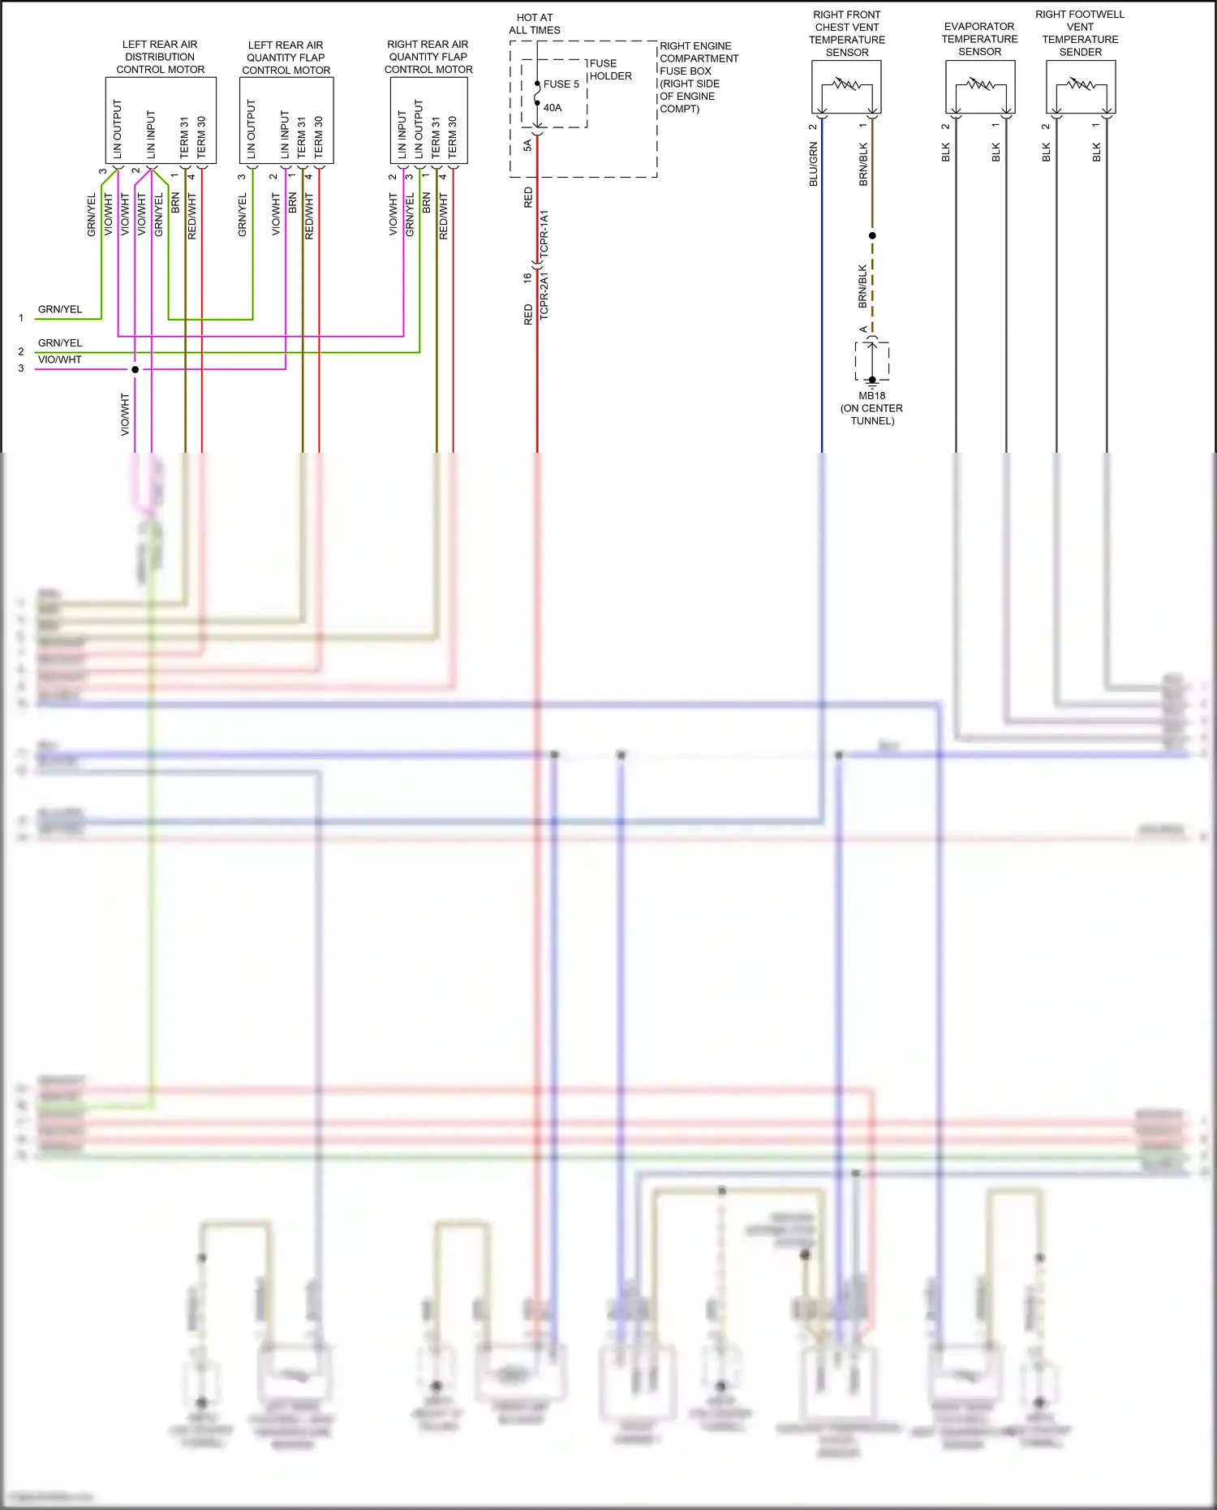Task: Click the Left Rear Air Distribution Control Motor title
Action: (x=160, y=57)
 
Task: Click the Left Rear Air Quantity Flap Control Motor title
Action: (x=286, y=58)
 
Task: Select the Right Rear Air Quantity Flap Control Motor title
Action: (x=428, y=57)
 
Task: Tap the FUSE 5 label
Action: (x=561, y=84)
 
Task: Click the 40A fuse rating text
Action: (x=553, y=108)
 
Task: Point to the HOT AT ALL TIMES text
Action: (x=535, y=24)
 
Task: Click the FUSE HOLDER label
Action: (x=610, y=70)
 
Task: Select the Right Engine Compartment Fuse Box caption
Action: (x=698, y=77)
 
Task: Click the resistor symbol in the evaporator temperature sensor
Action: (x=980, y=84)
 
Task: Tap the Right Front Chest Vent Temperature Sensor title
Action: (x=847, y=33)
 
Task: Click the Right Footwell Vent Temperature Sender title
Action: (x=1080, y=33)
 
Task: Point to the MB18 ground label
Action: (x=872, y=396)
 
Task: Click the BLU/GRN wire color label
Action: (x=814, y=165)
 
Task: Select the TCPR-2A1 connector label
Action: (x=544, y=296)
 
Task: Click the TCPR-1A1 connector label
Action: (x=544, y=234)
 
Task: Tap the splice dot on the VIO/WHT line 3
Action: (x=135, y=369)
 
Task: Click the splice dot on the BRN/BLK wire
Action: (x=872, y=235)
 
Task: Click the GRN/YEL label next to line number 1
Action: (x=60, y=309)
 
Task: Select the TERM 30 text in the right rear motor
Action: (x=453, y=136)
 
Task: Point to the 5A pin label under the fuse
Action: (x=527, y=145)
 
